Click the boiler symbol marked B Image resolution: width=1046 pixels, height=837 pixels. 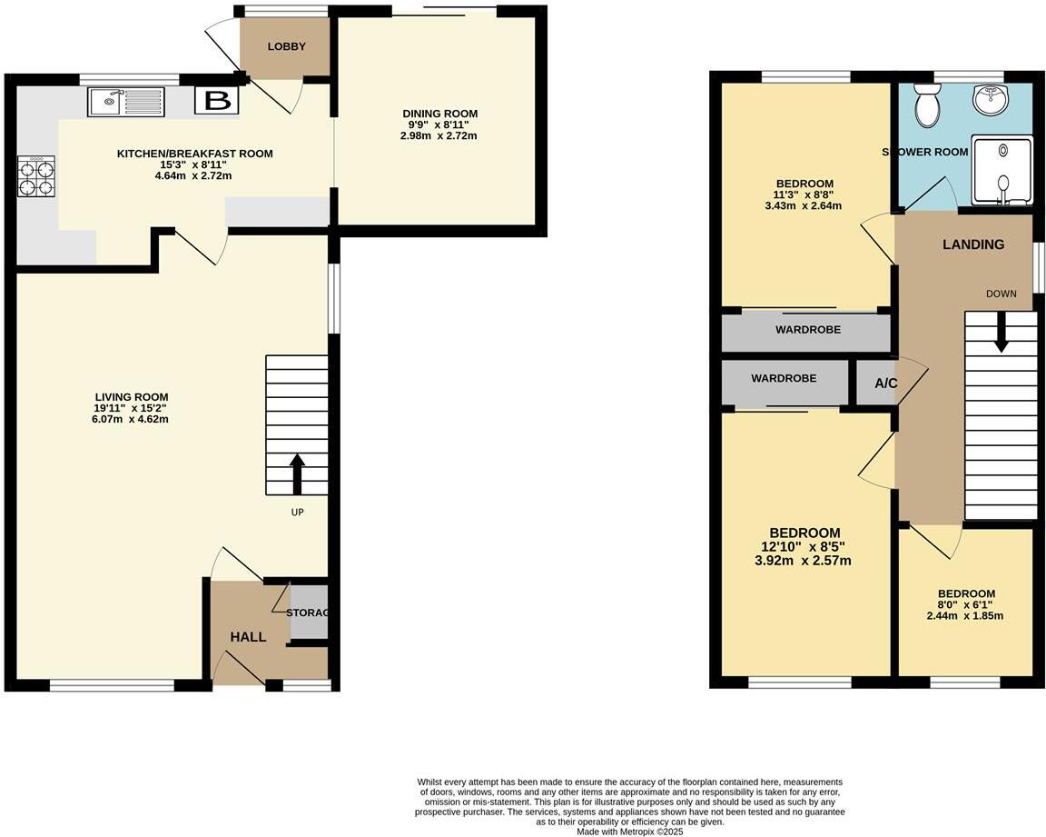coord(217,101)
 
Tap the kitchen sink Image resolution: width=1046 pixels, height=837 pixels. coord(126,102)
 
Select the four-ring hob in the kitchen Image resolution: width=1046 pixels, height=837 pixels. coord(36,176)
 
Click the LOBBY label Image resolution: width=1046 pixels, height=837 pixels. coord(286,47)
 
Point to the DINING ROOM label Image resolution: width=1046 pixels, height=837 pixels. coord(440,114)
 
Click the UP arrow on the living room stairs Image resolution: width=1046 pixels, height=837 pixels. coord(296,474)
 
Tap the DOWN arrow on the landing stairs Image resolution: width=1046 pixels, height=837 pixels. coord(1001,332)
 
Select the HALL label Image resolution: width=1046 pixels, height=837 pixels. coord(248,637)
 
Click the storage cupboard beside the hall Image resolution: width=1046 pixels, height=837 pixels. coord(309,613)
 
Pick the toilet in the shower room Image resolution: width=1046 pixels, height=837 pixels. coord(928,105)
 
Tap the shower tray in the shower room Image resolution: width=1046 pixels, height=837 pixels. coord(1002,171)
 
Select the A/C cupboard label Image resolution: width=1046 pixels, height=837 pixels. coord(885,384)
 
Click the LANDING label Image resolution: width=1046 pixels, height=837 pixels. coord(973,244)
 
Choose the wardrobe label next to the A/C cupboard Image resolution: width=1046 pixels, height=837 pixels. coord(784,378)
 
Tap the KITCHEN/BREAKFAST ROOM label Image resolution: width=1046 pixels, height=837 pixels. coord(194,154)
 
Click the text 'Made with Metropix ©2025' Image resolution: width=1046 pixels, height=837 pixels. coord(629,831)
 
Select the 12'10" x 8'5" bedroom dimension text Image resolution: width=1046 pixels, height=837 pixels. coord(805,547)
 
